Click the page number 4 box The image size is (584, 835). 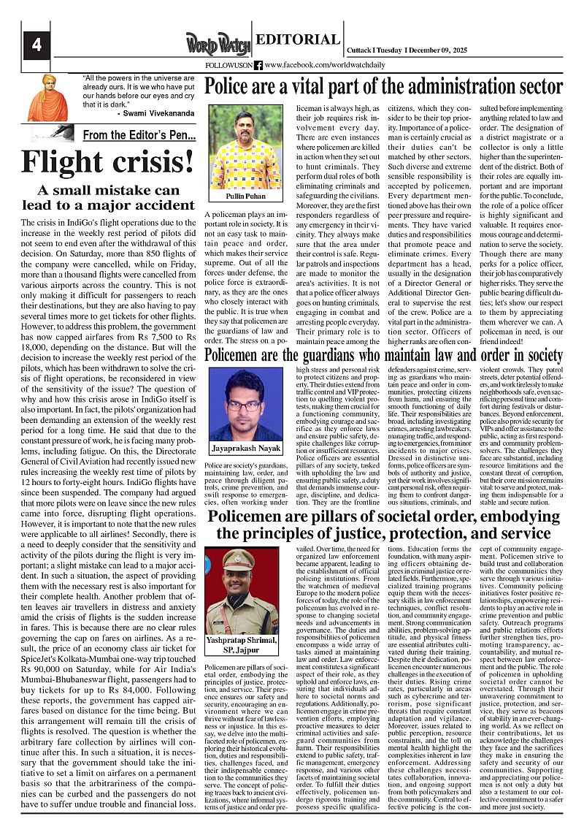click(x=36, y=45)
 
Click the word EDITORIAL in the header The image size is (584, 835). click(x=298, y=39)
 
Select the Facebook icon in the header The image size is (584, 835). click(x=258, y=65)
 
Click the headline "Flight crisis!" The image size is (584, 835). click(x=108, y=161)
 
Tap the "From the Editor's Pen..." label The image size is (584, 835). click(x=139, y=135)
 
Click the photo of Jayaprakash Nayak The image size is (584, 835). click(x=245, y=403)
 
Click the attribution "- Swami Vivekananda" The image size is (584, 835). click(x=155, y=114)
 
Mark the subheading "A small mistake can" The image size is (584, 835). click(x=108, y=190)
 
